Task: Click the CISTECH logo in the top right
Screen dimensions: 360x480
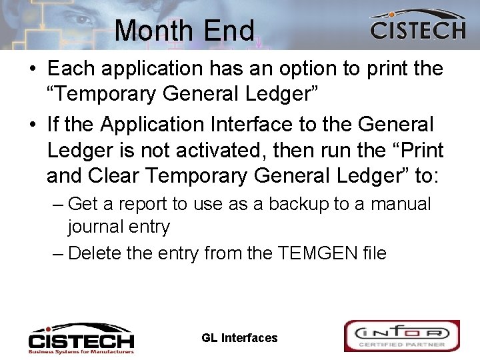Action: pyautogui.click(x=417, y=26)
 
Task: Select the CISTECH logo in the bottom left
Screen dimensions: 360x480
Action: pyautogui.click(x=81, y=338)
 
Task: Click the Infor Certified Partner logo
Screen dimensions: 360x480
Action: pyautogui.click(x=401, y=336)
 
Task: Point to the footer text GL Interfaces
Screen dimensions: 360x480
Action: pyautogui.click(x=239, y=338)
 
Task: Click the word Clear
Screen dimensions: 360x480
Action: pyautogui.click(x=114, y=176)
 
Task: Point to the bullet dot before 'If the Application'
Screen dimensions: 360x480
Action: pyautogui.click(x=31, y=125)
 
